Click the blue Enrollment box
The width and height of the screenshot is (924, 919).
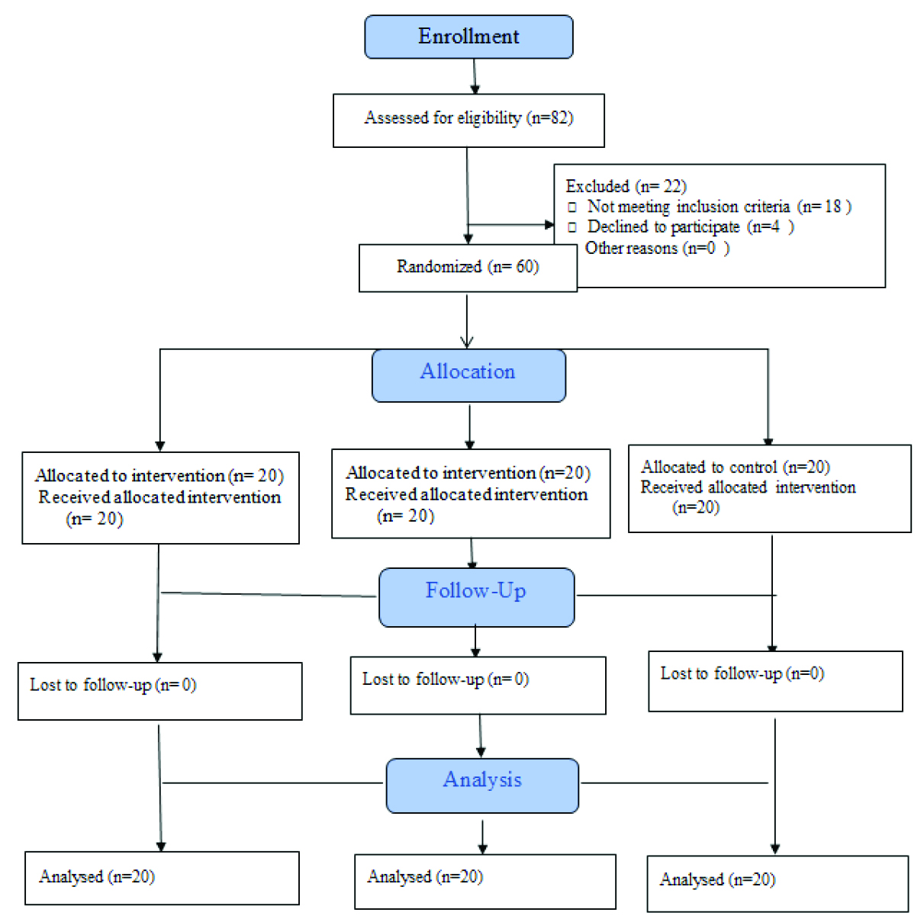point(468,37)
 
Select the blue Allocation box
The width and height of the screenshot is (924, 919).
point(468,375)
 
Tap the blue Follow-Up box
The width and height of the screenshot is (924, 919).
point(476,597)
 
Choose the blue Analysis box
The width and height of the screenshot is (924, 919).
point(482,786)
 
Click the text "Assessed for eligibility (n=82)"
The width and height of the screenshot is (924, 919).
point(468,118)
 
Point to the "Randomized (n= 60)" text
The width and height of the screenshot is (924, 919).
point(468,266)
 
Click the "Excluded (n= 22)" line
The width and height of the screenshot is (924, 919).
point(626,186)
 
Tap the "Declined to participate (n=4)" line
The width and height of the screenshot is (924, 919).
point(691,227)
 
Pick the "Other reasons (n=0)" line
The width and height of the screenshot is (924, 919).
point(658,249)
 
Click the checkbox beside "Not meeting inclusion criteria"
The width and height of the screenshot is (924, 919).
point(571,207)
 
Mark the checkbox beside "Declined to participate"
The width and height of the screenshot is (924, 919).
point(571,227)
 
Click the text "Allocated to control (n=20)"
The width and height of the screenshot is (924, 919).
point(736,467)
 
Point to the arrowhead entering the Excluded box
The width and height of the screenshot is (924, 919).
point(549,224)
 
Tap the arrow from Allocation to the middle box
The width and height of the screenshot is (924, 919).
point(469,427)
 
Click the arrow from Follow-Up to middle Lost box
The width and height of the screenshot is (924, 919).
point(475,641)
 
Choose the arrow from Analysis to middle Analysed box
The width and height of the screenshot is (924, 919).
point(482,837)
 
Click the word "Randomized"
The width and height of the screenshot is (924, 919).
point(439,266)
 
